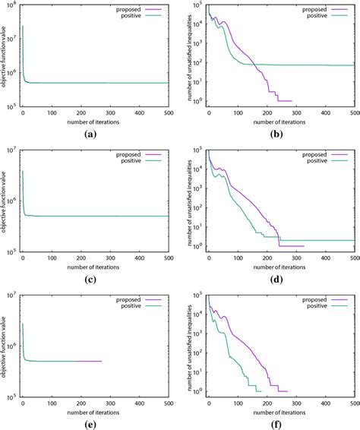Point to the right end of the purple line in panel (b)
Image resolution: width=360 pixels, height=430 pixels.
(x=292, y=100)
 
